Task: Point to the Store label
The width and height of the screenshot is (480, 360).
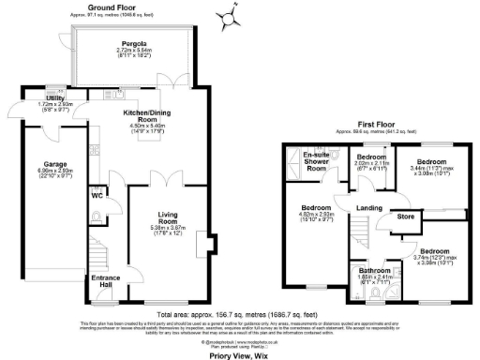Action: [x=405, y=217]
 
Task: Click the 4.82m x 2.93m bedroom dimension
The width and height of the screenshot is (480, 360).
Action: [x=316, y=216]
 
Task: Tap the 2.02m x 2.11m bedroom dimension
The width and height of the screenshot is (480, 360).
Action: [x=370, y=163]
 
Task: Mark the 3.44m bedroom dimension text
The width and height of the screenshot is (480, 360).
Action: [x=434, y=171]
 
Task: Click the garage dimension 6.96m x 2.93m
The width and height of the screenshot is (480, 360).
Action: [x=44, y=174]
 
